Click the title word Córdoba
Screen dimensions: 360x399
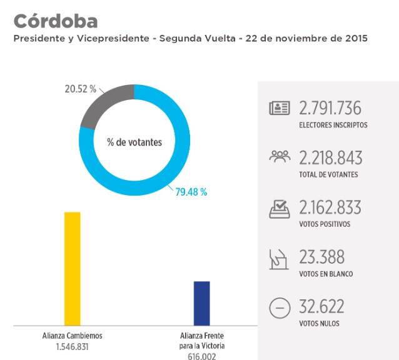coord(55,21)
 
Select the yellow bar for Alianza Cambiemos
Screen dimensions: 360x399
coord(73,268)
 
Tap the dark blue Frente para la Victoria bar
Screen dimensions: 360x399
coord(201,302)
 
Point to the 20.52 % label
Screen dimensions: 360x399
coord(81,89)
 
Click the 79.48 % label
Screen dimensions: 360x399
coord(191,192)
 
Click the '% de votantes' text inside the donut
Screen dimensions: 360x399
coord(134,142)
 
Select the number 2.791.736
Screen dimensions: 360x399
coord(330,108)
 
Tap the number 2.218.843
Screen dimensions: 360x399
coord(330,157)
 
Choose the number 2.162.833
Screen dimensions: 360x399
coord(330,207)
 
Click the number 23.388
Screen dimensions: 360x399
coord(321,257)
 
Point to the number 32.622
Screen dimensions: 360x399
coord(321,306)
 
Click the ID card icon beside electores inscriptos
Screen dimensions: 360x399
coord(280,109)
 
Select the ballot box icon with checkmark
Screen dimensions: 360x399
coord(280,208)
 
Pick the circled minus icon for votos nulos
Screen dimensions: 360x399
coord(280,307)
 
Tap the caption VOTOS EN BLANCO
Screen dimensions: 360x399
coord(326,274)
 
